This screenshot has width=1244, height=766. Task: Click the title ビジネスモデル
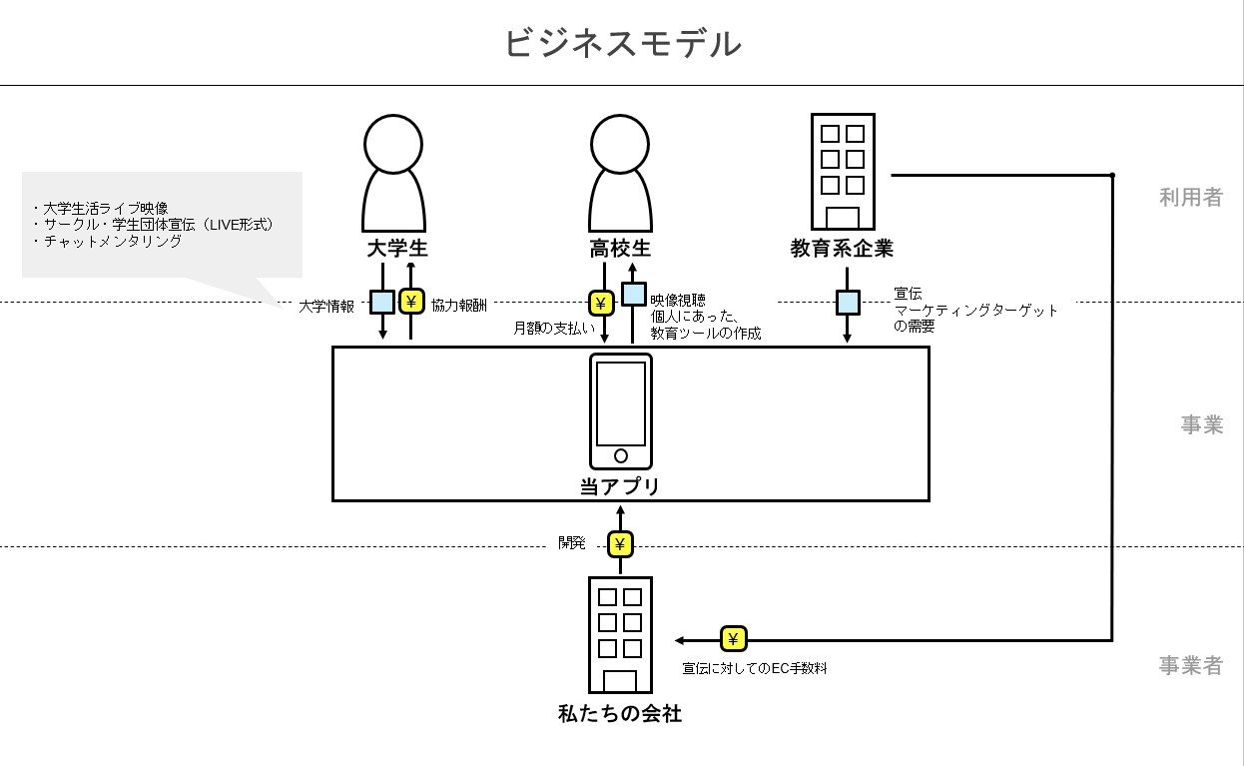(x=622, y=44)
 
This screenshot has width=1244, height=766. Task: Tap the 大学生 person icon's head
(x=393, y=145)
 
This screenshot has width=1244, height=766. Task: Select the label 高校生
(x=620, y=249)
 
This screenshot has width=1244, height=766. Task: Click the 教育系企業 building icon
(x=842, y=172)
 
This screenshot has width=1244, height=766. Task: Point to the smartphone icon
(x=620, y=410)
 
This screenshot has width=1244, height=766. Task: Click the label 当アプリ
(x=620, y=486)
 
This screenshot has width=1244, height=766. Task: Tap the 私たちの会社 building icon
(x=620, y=635)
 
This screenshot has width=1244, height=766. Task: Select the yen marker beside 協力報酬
(x=411, y=302)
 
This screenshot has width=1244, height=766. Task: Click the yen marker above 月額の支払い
(x=601, y=303)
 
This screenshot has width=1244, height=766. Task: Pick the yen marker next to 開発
(x=621, y=544)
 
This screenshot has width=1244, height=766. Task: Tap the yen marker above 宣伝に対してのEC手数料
(x=733, y=639)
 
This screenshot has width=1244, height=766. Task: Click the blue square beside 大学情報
(x=382, y=302)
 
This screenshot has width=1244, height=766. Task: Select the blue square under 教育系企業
(x=848, y=302)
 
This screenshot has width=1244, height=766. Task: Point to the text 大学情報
(x=326, y=307)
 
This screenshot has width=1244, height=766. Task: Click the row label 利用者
(x=1190, y=197)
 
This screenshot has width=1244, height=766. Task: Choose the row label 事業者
(x=1190, y=665)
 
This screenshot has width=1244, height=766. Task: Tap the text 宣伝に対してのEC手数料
(x=755, y=668)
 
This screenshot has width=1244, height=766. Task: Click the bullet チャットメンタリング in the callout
(x=113, y=241)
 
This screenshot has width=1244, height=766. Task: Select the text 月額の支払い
(x=554, y=327)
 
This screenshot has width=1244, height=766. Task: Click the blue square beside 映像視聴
(x=634, y=294)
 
